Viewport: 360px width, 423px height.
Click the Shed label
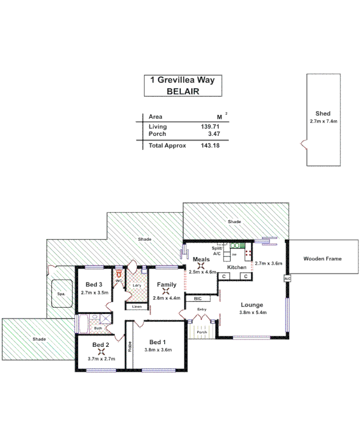(322, 114)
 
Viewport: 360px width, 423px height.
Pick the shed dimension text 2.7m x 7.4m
(323, 121)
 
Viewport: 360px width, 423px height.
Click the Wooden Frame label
(322, 259)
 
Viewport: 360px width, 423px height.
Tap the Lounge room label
(252, 305)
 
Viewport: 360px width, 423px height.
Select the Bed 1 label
(158, 342)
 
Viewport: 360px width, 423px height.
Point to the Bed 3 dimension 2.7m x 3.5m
(95, 292)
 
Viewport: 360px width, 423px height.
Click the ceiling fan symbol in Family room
(167, 291)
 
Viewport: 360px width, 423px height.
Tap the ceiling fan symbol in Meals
(201, 266)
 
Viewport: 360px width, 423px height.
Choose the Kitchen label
(237, 268)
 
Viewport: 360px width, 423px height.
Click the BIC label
(198, 299)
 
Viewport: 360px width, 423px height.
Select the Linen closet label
(136, 307)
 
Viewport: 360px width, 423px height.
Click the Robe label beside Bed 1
(129, 347)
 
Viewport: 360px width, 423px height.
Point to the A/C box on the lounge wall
(287, 279)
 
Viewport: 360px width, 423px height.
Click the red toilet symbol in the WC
(119, 274)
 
